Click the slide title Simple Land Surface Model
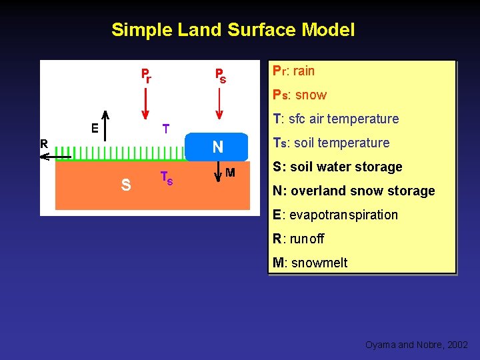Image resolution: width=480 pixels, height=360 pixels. (x=233, y=30)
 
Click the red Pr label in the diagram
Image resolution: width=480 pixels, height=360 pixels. (x=145, y=75)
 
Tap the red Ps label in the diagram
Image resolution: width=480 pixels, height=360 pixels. (x=219, y=75)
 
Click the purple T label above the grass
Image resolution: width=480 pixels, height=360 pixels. (x=166, y=128)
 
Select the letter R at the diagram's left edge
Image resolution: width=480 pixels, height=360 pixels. (x=44, y=143)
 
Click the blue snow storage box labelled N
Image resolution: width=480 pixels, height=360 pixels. (x=217, y=147)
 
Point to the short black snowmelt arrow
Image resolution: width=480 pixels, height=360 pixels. (x=218, y=175)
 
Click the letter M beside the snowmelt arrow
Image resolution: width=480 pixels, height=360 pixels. (x=230, y=173)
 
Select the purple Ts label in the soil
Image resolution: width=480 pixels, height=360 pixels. (x=167, y=178)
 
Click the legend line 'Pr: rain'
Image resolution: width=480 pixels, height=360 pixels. (x=294, y=71)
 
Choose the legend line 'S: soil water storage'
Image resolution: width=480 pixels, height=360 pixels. (x=337, y=167)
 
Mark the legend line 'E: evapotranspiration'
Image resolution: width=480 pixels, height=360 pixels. (x=335, y=215)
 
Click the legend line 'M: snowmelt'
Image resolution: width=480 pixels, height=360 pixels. (x=310, y=263)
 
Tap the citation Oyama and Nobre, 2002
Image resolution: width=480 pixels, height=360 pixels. (x=416, y=345)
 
